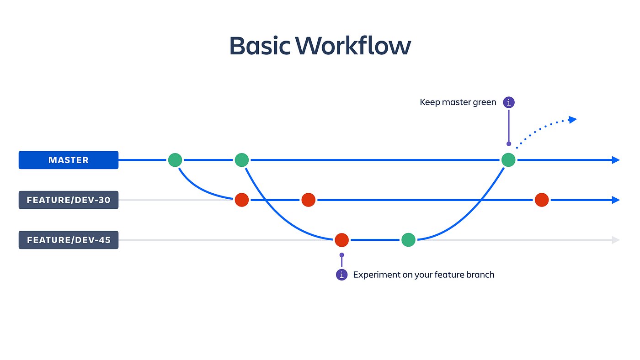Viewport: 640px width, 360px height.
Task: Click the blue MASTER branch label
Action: click(69, 160)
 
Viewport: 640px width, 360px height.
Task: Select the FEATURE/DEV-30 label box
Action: click(69, 200)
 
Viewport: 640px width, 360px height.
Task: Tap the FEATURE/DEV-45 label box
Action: click(69, 240)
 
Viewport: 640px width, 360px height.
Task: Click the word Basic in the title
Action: click(259, 46)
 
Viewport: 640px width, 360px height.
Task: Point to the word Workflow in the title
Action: click(353, 46)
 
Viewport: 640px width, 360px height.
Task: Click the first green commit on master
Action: click(175, 160)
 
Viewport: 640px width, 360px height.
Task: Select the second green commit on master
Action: click(241, 160)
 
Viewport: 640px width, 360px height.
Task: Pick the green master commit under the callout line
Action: click(508, 160)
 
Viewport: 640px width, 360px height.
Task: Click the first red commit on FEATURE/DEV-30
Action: click(241, 200)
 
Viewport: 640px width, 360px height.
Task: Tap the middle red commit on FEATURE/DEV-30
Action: click(308, 200)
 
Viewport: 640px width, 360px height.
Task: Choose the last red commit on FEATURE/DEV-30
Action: click(542, 200)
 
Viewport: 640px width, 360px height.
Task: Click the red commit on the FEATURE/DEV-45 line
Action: click(341, 240)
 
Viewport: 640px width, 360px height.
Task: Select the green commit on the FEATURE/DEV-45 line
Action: click(408, 240)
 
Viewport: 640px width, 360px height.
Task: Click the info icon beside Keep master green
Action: click(508, 102)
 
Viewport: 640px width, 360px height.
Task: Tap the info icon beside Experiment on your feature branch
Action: click(341, 275)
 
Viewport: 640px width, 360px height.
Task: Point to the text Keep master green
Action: click(458, 102)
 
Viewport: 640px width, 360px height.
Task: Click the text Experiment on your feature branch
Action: click(423, 275)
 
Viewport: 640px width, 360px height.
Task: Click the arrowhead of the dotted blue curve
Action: click(572, 119)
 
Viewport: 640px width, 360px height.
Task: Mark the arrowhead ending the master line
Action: click(616, 160)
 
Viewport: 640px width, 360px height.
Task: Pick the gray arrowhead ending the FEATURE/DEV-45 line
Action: click(616, 240)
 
